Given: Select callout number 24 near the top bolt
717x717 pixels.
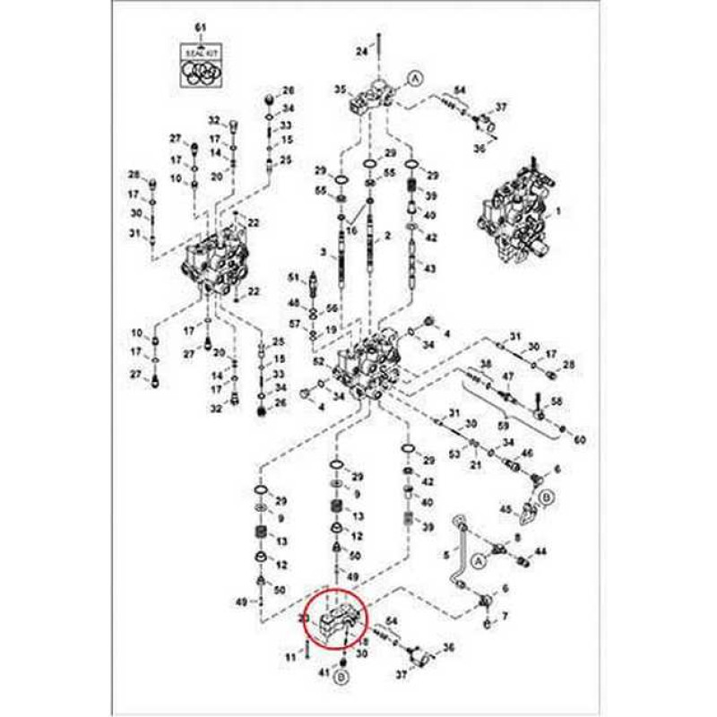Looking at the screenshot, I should pyautogui.click(x=361, y=52).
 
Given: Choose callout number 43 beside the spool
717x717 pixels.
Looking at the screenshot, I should pyautogui.click(x=429, y=269).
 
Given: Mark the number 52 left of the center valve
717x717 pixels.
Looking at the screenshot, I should pyautogui.click(x=317, y=360).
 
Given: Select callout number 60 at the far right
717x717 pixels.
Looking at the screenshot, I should pyautogui.click(x=579, y=440).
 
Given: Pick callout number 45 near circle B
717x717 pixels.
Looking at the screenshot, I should pyautogui.click(x=505, y=510).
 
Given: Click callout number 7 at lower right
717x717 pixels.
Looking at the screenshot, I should pyautogui.click(x=505, y=617).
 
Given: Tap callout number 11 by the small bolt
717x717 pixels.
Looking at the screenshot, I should pyautogui.click(x=289, y=658).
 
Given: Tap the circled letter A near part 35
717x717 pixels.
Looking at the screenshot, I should pyautogui.click(x=415, y=79).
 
